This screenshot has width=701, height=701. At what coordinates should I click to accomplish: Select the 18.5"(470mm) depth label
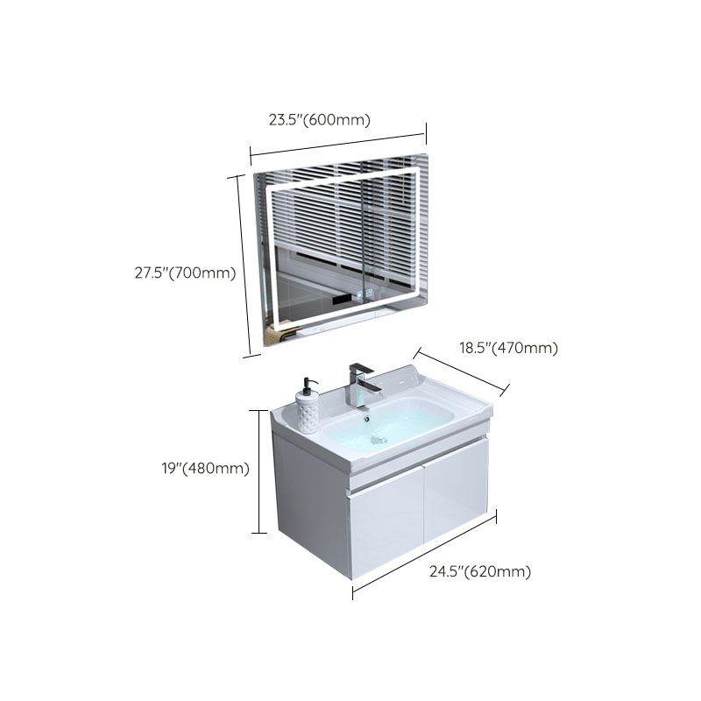pos(508,348)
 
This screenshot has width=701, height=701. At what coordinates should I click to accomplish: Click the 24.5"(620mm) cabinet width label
pos(480,572)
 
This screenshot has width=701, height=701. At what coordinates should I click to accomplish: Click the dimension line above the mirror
pos(337,145)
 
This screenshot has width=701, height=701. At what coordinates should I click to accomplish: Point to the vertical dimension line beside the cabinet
pos(259,471)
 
